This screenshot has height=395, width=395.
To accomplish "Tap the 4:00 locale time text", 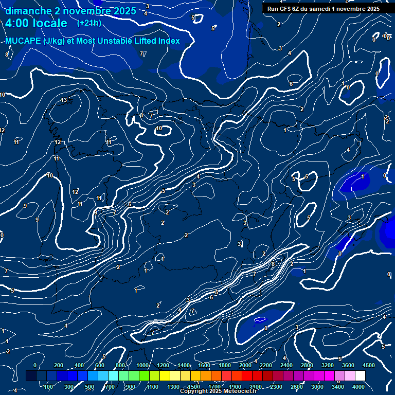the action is (x=36, y=24).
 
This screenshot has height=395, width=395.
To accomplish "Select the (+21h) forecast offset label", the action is (x=89, y=23).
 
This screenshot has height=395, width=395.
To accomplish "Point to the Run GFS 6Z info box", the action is (x=323, y=9).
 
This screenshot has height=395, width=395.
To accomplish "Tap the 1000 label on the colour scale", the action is (x=142, y=365).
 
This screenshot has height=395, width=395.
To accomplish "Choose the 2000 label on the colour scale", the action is (x=244, y=365).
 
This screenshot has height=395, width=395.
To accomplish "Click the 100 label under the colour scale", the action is (x=49, y=387).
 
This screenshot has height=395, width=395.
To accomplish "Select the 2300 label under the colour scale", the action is (x=276, y=387).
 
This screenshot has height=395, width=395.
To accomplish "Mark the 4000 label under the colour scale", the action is (x=358, y=387).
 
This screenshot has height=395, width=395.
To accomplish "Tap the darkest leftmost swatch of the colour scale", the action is (x=31, y=376).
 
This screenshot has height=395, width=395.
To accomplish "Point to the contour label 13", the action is (x=64, y=100).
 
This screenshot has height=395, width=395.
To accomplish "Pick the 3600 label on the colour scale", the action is (x=348, y=365).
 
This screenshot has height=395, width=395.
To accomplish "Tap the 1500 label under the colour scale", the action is (x=194, y=387).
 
